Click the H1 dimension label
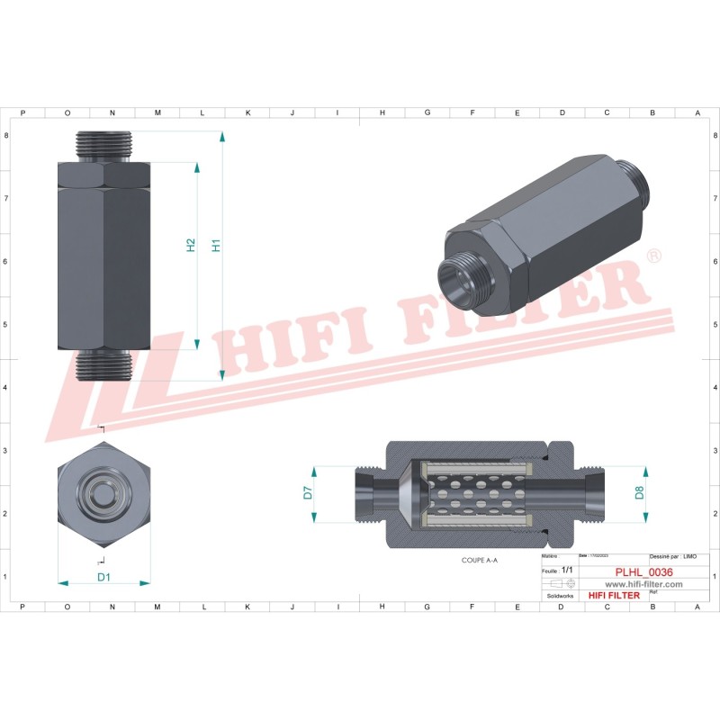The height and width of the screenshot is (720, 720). click(216, 245)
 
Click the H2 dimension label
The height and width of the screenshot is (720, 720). click(192, 245)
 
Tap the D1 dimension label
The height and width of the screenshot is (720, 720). click(103, 577)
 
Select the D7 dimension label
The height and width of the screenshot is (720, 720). click(307, 492)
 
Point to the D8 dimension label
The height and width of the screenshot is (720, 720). click(640, 492)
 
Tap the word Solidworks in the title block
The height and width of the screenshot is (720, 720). click(561, 596)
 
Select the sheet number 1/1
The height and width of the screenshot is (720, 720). click(566, 571)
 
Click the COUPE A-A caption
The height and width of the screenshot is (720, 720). click(480, 559)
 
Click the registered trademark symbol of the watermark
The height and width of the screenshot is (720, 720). click(654, 256)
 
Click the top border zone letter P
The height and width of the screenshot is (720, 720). click(22, 112)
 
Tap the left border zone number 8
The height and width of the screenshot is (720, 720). click(8, 135)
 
